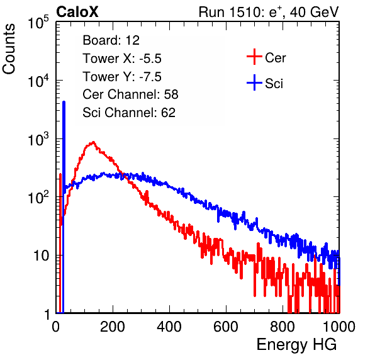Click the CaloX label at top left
click(x=77, y=12)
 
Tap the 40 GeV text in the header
click(x=314, y=12)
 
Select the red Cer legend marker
click(x=254, y=57)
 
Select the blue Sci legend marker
click(x=254, y=83)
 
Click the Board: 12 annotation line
click(x=111, y=40)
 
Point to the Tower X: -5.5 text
click(x=122, y=59)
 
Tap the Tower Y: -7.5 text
click(x=122, y=77)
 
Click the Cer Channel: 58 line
click(x=130, y=94)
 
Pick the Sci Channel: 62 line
click(x=129, y=113)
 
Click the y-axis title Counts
click(x=9, y=49)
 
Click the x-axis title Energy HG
click(x=296, y=345)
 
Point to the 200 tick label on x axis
click(x=113, y=327)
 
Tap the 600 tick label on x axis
click(x=226, y=327)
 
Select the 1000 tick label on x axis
click(x=339, y=327)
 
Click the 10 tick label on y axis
click(x=41, y=256)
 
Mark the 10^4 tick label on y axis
click(x=38, y=81)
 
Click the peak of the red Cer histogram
click(x=93, y=142)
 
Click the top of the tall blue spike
click(x=64, y=102)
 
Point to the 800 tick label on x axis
click(x=283, y=327)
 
